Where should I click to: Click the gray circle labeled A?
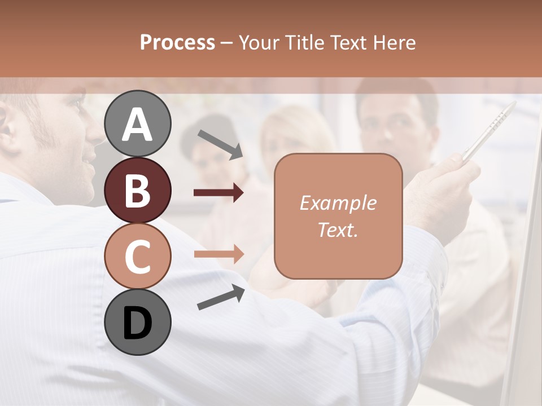click(138, 124)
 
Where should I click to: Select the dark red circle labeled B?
click(138, 190)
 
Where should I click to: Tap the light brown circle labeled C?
click(138, 256)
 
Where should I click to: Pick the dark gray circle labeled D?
click(138, 322)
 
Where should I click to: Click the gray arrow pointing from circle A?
click(220, 144)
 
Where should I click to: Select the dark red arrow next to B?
click(218, 193)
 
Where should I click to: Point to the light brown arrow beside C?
click(218, 254)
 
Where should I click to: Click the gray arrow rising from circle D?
click(221, 297)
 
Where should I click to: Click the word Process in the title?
click(177, 42)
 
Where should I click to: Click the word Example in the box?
click(338, 203)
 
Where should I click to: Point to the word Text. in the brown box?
click(338, 230)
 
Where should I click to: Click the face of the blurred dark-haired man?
click(392, 127)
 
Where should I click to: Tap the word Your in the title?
click(261, 42)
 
